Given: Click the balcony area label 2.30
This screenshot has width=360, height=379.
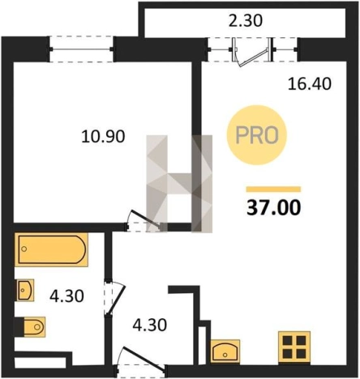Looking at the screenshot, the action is [245, 21].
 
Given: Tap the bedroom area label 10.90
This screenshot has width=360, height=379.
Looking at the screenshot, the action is [103, 136].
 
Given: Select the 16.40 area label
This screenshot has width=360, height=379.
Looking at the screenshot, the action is [310, 83].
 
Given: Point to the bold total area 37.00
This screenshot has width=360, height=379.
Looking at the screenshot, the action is [273, 208].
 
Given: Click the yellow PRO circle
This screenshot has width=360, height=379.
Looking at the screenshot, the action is [257, 135].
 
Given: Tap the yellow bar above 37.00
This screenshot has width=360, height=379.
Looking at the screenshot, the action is [273, 189].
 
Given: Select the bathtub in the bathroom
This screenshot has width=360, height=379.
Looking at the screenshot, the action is [51, 249].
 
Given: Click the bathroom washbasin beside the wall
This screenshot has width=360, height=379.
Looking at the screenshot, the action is [25, 290].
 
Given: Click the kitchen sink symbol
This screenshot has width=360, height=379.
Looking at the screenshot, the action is [225, 351].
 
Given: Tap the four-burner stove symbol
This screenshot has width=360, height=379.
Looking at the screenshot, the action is [294, 347].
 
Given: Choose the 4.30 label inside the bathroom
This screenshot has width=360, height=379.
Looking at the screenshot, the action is [66, 296].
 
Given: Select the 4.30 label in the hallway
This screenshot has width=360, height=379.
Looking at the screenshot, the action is [149, 325].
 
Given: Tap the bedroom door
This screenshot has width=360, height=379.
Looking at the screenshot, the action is [144, 220].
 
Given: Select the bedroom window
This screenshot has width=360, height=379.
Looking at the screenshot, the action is [81, 49].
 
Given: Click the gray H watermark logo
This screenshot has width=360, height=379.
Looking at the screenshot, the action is [179, 184].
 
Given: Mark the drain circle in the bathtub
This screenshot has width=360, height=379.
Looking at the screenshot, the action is [24, 249].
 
